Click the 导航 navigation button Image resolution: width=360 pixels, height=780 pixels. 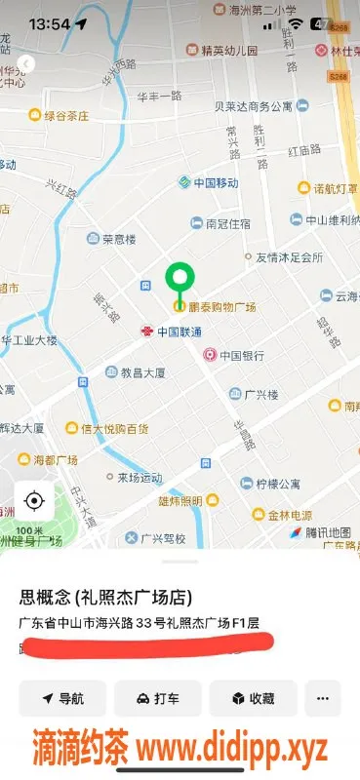[62, 698]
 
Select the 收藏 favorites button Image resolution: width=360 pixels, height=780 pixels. [252, 698]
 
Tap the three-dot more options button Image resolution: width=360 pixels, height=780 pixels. [323, 698]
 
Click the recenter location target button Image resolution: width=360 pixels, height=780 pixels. [34, 501]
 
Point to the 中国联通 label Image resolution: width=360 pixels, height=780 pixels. [180, 331]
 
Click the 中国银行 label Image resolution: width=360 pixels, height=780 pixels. [241, 356]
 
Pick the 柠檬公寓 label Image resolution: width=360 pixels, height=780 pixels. [275, 484]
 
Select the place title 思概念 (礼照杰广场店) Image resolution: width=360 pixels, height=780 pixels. [105, 598]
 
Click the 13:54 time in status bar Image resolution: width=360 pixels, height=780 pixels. [43, 23]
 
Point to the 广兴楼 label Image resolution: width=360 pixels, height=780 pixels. [260, 394]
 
